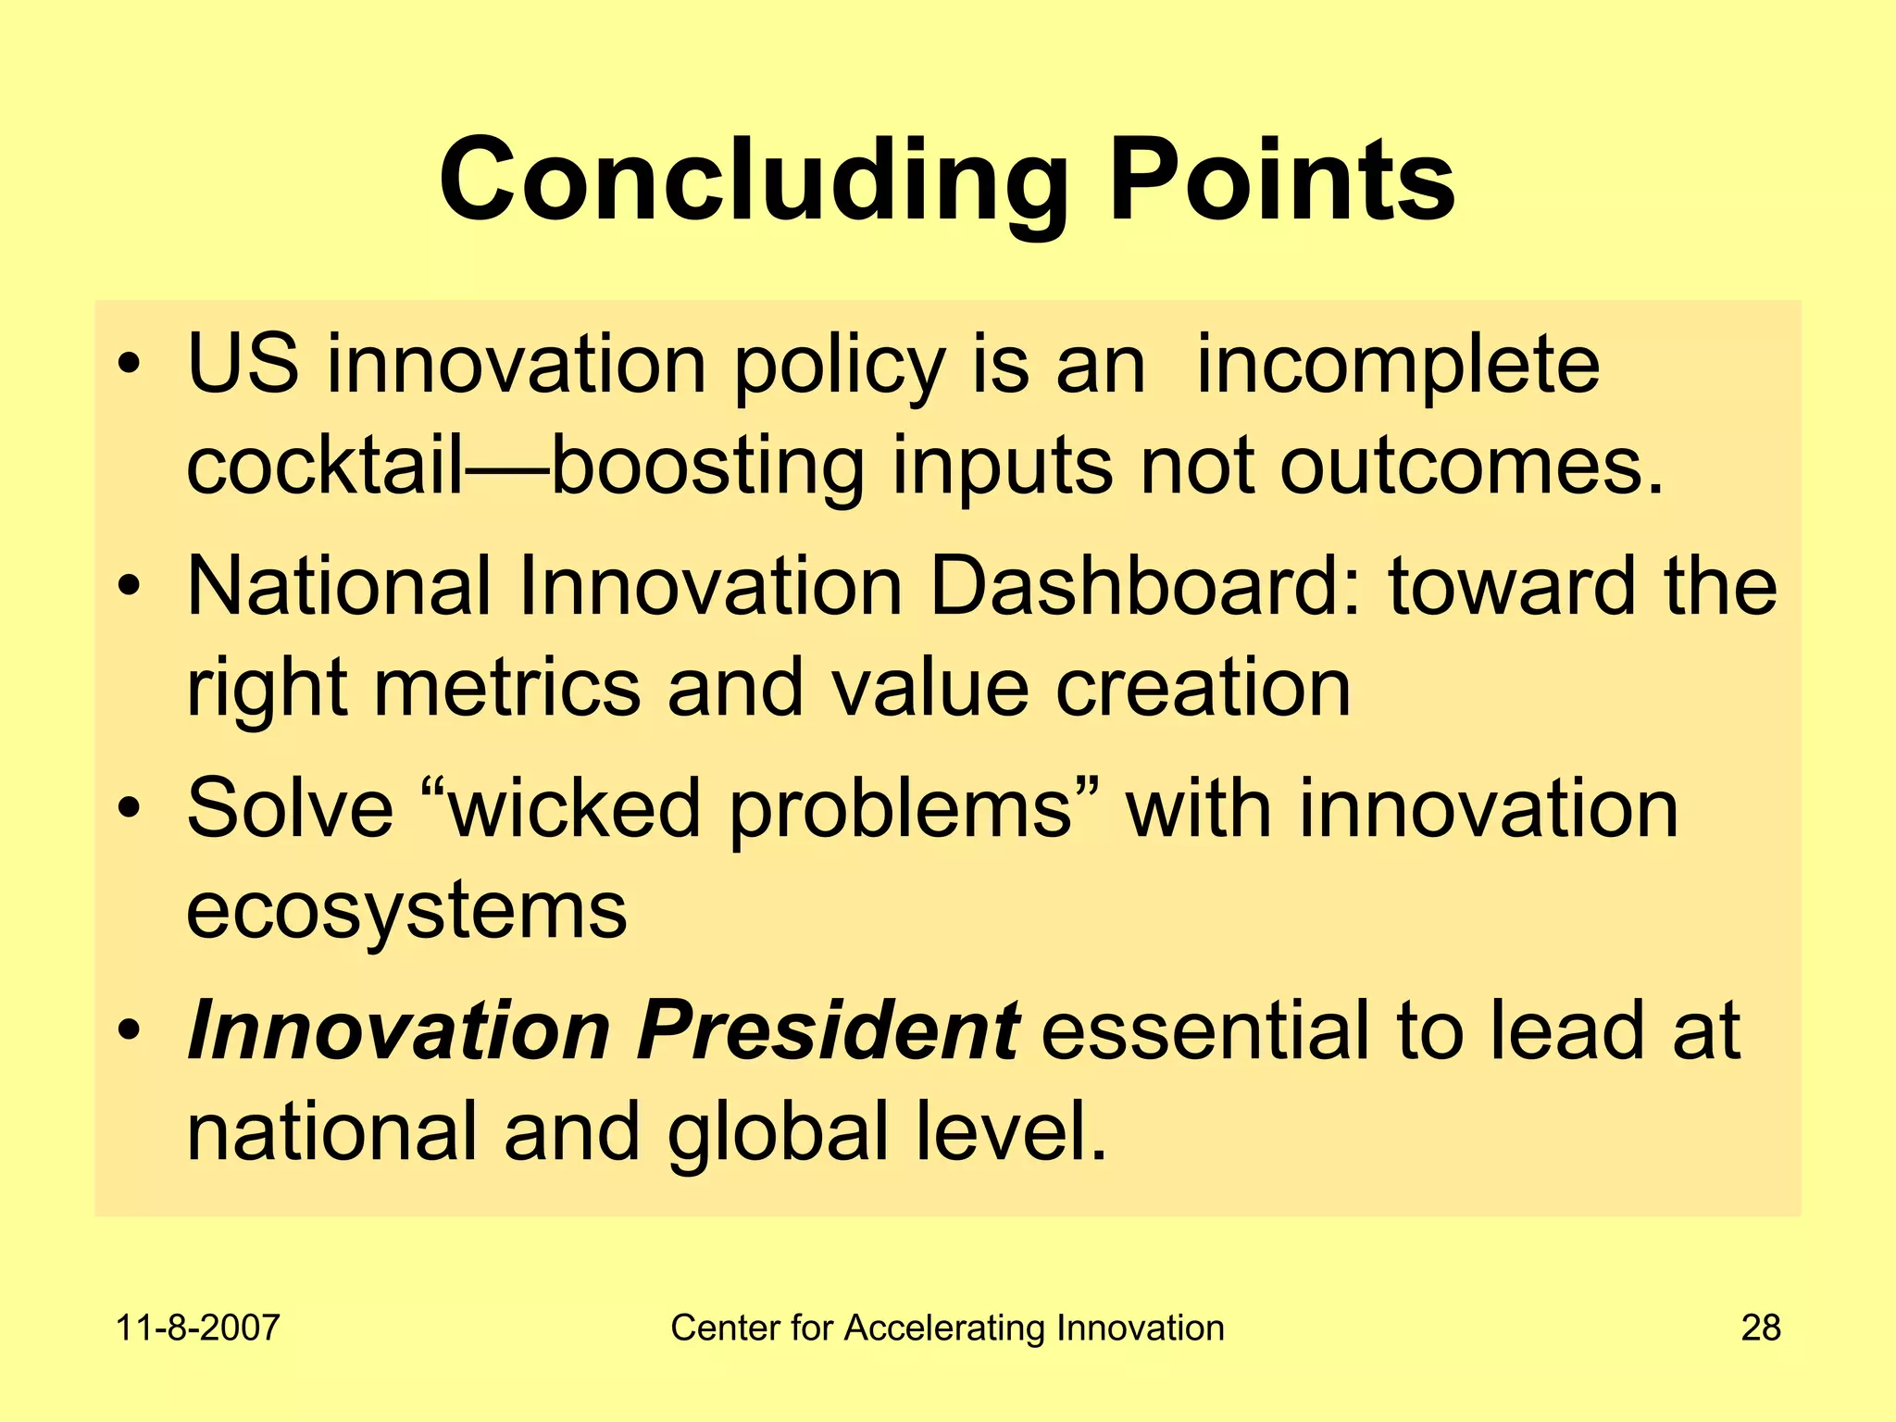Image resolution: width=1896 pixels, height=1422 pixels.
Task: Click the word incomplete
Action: point(1398,366)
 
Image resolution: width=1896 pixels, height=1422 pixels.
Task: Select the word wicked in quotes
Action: point(574,808)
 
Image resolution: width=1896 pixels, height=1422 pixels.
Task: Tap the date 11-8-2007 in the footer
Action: point(197,1328)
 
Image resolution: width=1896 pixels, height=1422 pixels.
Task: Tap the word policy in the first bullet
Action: point(840,366)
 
